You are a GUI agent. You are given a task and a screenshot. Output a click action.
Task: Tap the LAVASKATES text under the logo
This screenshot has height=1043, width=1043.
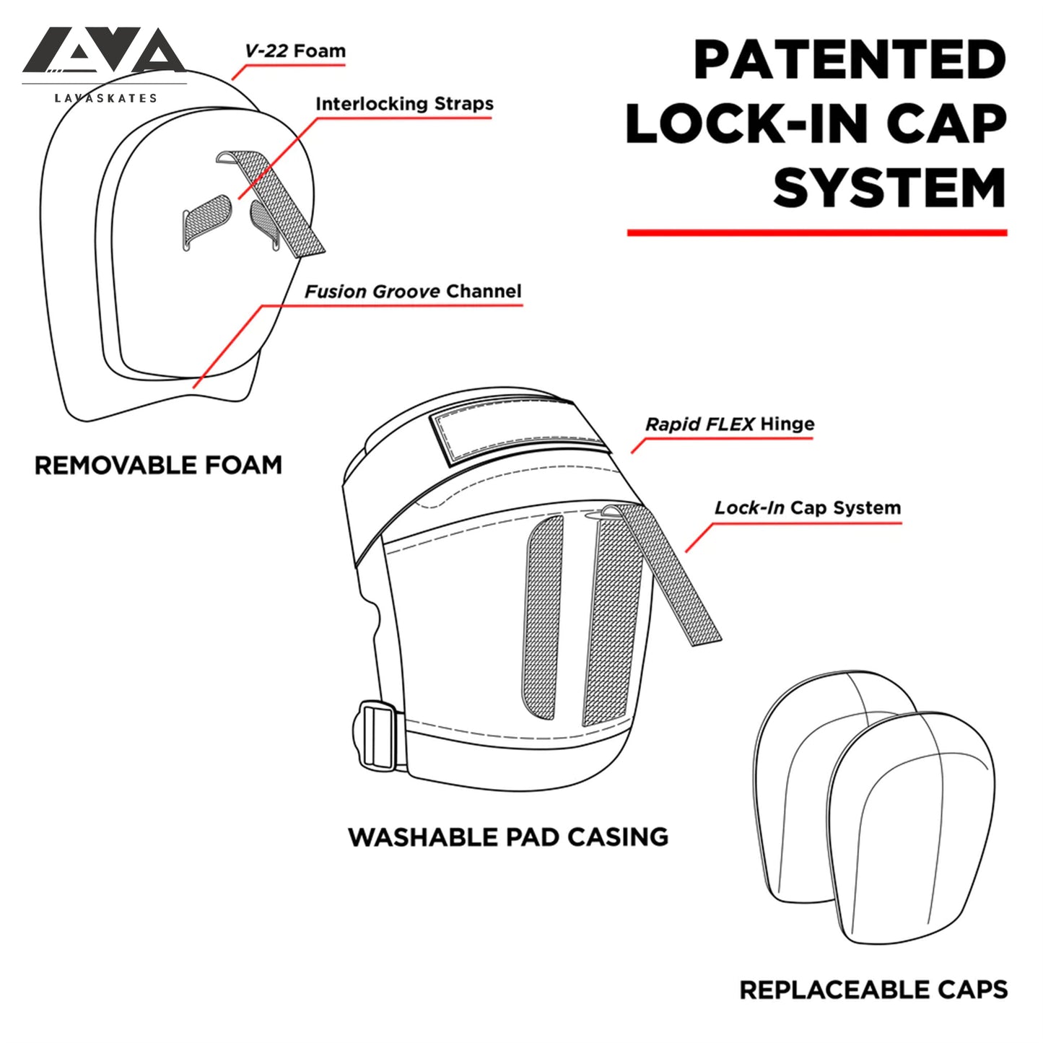click(106, 98)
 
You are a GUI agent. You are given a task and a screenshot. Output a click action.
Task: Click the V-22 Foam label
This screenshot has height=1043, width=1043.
click(294, 51)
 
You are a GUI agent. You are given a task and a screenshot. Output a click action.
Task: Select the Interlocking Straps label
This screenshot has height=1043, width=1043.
click(404, 104)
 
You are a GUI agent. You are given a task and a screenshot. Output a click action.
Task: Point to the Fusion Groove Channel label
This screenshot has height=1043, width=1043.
click(412, 292)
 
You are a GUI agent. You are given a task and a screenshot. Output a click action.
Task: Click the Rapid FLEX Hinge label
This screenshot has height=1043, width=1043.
click(729, 424)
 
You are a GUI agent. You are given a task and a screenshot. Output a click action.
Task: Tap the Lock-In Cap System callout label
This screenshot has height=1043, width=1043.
click(807, 508)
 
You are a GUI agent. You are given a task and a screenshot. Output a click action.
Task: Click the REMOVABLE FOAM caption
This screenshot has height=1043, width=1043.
click(158, 466)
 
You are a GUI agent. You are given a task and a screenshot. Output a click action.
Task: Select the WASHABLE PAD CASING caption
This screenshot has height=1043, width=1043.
click(508, 837)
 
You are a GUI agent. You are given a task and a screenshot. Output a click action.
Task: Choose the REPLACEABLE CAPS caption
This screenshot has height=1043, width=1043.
click(873, 990)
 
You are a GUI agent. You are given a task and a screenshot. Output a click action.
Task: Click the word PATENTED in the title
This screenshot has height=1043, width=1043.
click(850, 60)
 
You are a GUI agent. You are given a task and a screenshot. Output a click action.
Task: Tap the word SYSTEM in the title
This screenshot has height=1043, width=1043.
click(889, 188)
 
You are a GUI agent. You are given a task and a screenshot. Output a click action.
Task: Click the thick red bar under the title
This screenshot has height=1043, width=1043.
click(816, 232)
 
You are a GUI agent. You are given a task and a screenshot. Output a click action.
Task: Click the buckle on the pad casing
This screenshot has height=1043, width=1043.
click(377, 737)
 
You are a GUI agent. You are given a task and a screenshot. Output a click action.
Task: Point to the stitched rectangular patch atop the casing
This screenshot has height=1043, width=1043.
click(519, 436)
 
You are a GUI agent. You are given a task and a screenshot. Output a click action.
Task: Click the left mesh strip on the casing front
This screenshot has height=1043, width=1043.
click(542, 617)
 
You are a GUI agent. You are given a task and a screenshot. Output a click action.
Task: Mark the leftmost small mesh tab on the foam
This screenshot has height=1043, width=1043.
click(205, 220)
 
